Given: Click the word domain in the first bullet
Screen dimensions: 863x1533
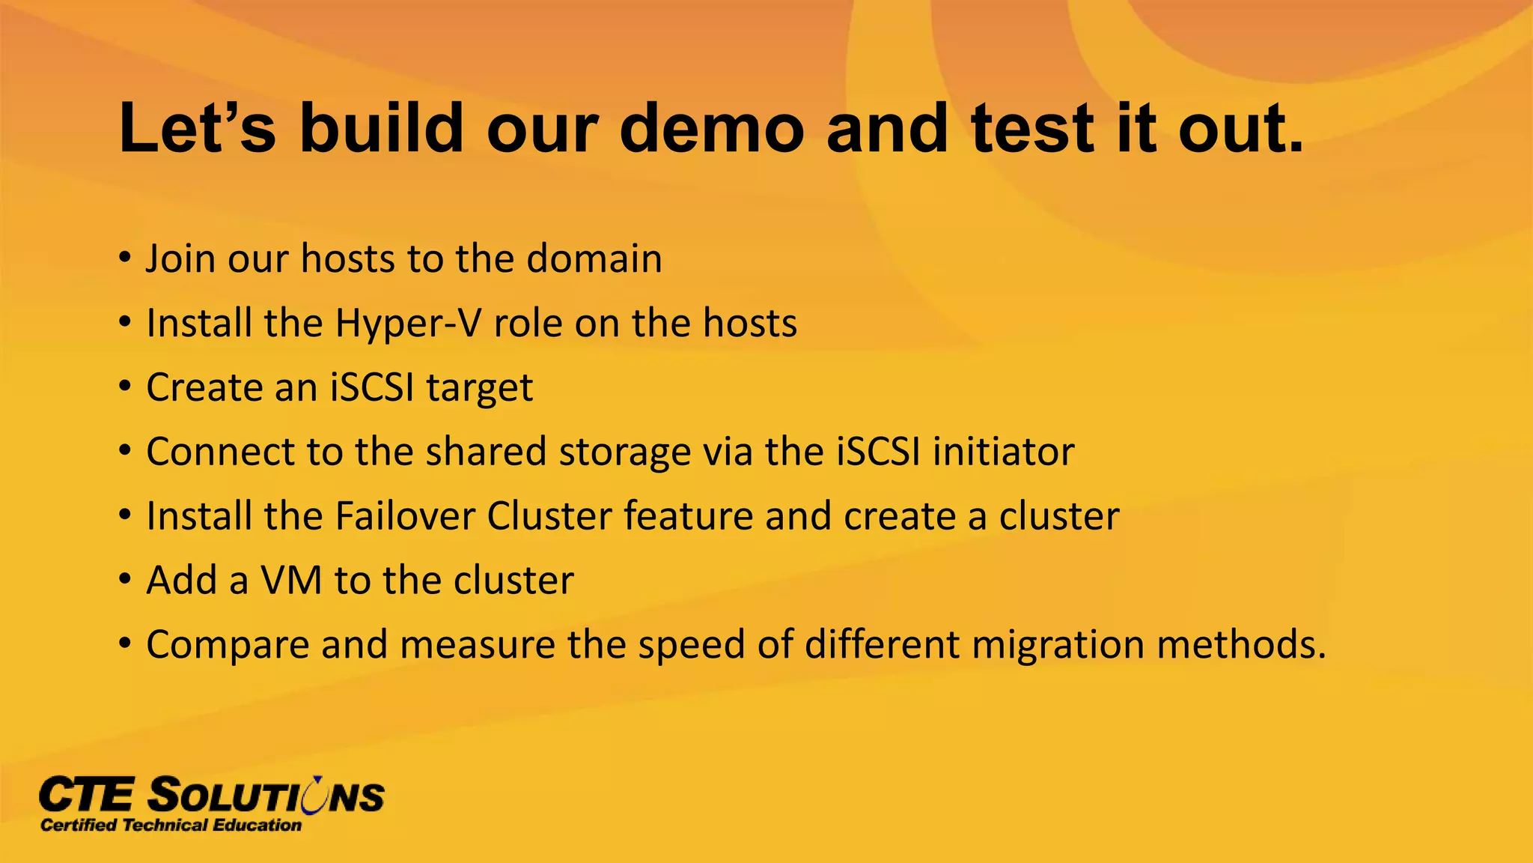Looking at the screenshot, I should (594, 258).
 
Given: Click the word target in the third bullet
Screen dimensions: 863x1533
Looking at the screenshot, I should (479, 388).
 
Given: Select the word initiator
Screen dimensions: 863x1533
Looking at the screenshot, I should (1003, 452).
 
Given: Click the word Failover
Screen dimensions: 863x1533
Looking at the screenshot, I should (404, 516).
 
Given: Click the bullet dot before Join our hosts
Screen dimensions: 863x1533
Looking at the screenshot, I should (125, 259).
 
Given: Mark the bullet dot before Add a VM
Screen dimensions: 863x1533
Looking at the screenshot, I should (125, 581).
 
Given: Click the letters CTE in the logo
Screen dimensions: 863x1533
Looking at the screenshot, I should (87, 796).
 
